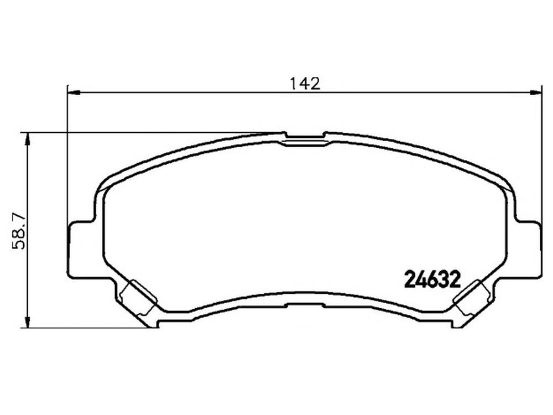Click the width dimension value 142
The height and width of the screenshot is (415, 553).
click(305, 84)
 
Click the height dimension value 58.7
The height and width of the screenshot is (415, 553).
click(18, 230)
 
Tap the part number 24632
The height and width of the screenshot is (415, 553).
click(433, 279)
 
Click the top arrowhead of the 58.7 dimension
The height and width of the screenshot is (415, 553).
click(27, 140)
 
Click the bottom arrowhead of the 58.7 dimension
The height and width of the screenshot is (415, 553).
click(27, 321)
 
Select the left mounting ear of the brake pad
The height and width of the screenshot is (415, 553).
click(82, 249)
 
